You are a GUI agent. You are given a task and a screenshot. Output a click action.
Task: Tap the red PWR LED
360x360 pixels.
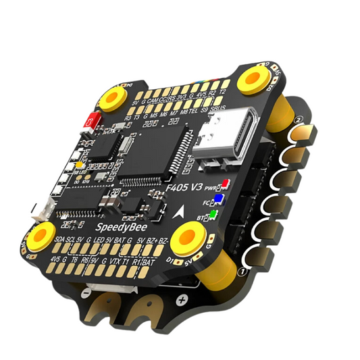point(226,182)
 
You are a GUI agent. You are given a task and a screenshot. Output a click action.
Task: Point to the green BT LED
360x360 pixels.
point(213,215)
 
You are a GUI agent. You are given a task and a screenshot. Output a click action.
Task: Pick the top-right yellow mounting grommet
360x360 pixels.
point(252,79)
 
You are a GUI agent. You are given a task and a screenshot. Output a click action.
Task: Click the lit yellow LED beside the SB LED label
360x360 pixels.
point(79,165)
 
